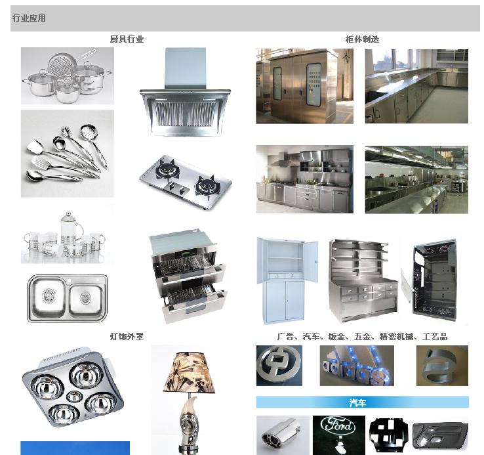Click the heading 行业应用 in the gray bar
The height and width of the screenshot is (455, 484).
click(x=29, y=18)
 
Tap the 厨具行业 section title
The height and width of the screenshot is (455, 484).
click(x=127, y=39)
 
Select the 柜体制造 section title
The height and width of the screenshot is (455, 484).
click(x=362, y=39)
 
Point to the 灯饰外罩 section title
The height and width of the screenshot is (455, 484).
click(x=127, y=336)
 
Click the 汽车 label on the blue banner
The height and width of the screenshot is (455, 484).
click(x=357, y=402)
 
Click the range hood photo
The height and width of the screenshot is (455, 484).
click(x=185, y=92)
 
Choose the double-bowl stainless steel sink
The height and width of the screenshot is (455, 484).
click(x=68, y=298)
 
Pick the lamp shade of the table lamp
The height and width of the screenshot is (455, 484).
click(x=189, y=373)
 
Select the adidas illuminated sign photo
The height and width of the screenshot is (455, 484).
click(x=357, y=366)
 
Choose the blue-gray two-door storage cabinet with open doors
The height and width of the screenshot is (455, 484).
click(x=287, y=280)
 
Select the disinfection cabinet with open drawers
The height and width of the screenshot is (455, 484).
click(x=188, y=276)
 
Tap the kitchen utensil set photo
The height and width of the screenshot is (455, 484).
click(x=68, y=154)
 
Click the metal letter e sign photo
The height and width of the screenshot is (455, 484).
click(x=442, y=366)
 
